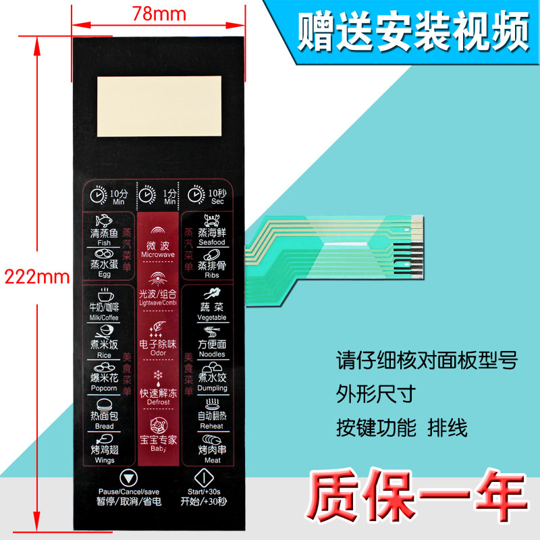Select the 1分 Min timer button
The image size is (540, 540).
tap(158, 196)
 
